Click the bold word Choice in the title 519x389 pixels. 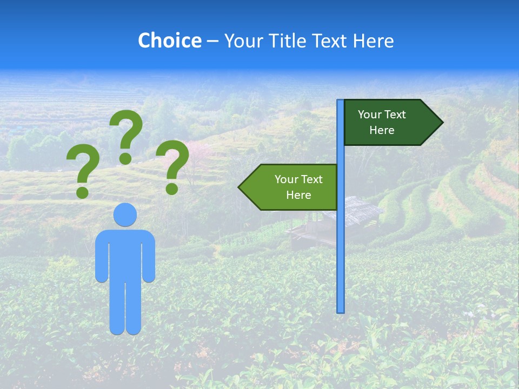click(x=169, y=41)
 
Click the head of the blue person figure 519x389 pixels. click(x=125, y=214)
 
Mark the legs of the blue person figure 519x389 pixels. click(x=125, y=308)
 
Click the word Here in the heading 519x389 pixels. click(x=373, y=41)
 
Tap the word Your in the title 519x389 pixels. click(x=242, y=41)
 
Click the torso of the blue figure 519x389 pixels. click(x=125, y=254)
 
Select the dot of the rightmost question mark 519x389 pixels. click(x=172, y=189)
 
